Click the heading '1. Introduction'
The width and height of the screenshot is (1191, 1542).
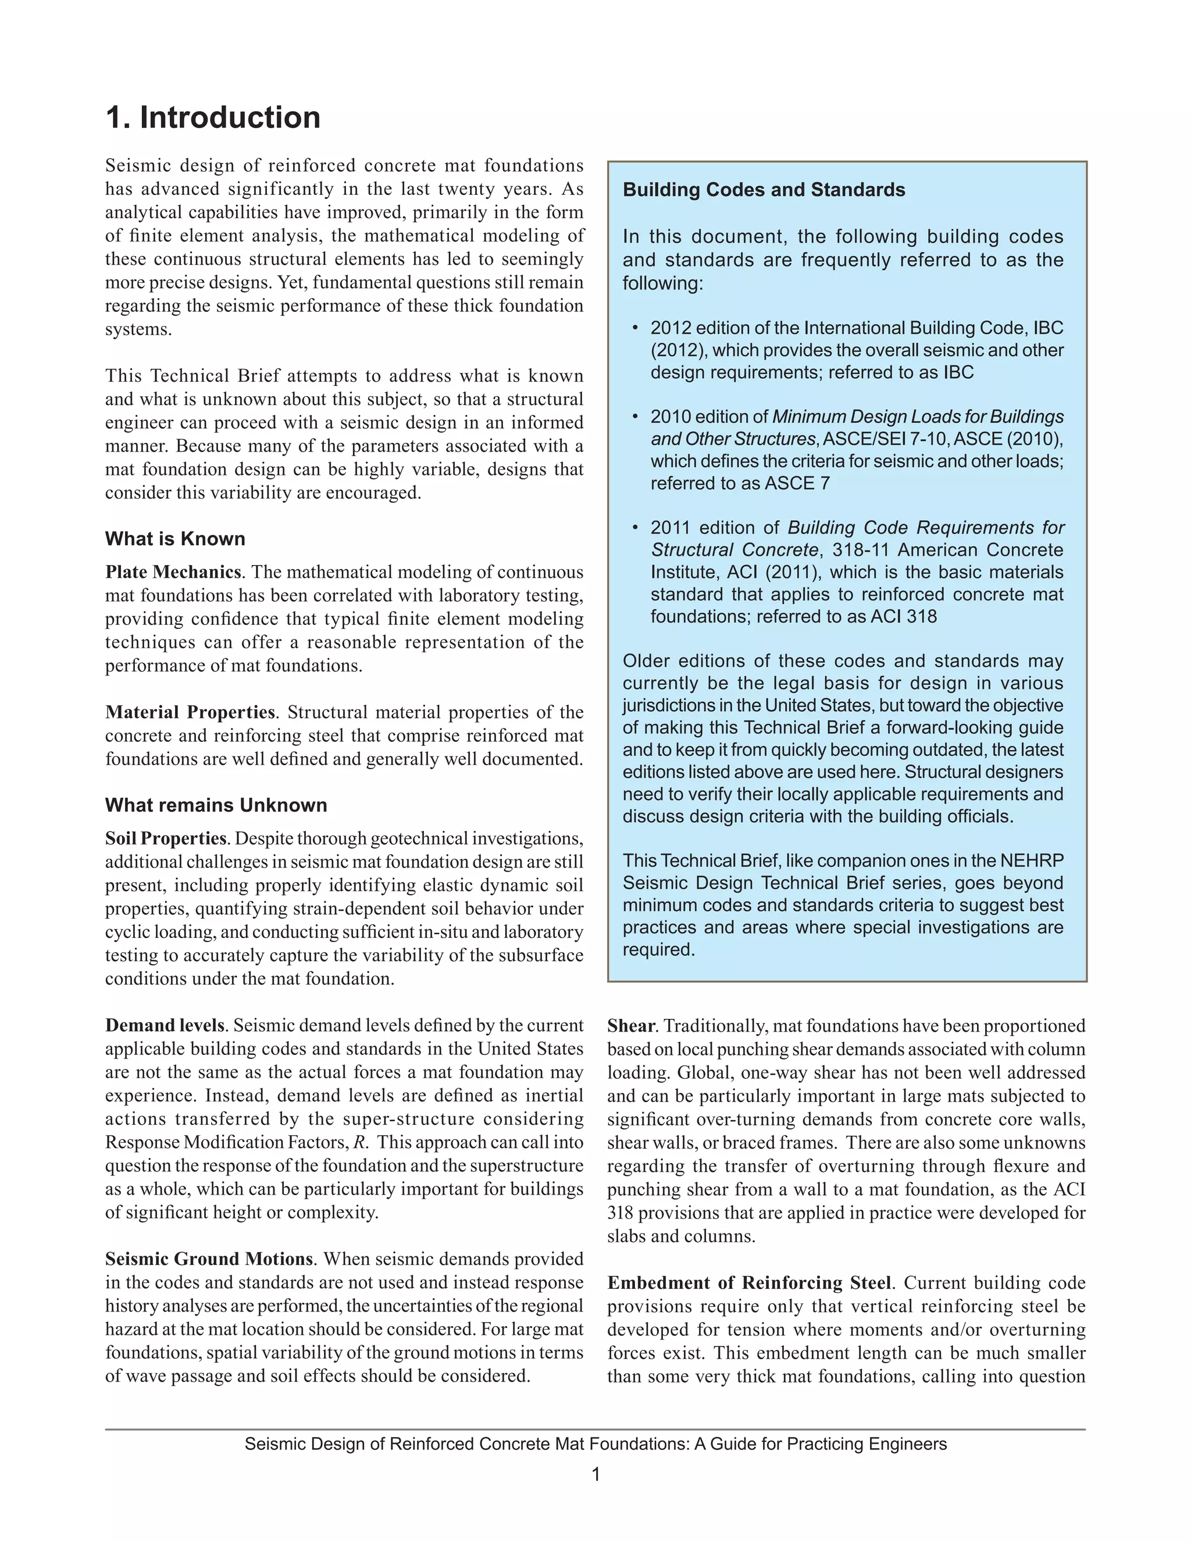[x=212, y=117]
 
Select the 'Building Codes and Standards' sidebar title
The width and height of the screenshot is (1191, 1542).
[x=764, y=190]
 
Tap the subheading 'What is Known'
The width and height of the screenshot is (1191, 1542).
[x=175, y=539]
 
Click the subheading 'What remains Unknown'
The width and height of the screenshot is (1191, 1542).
[x=216, y=805]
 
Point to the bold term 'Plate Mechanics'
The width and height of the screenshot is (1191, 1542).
[x=173, y=572]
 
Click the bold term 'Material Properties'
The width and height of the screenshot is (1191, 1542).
[x=190, y=712]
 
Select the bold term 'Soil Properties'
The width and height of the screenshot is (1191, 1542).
[x=166, y=838]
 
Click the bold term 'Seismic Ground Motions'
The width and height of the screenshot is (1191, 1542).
[x=209, y=1259]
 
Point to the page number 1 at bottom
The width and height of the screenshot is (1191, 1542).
[x=595, y=1475]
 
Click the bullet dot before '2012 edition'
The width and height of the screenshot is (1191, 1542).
[x=635, y=328]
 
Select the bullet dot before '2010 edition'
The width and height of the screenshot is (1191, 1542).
[x=635, y=417]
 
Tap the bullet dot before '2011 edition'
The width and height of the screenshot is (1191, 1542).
[x=635, y=527]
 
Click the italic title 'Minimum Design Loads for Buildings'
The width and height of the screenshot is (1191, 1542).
[x=917, y=417]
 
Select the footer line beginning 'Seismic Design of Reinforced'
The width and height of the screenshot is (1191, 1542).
[x=595, y=1444]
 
